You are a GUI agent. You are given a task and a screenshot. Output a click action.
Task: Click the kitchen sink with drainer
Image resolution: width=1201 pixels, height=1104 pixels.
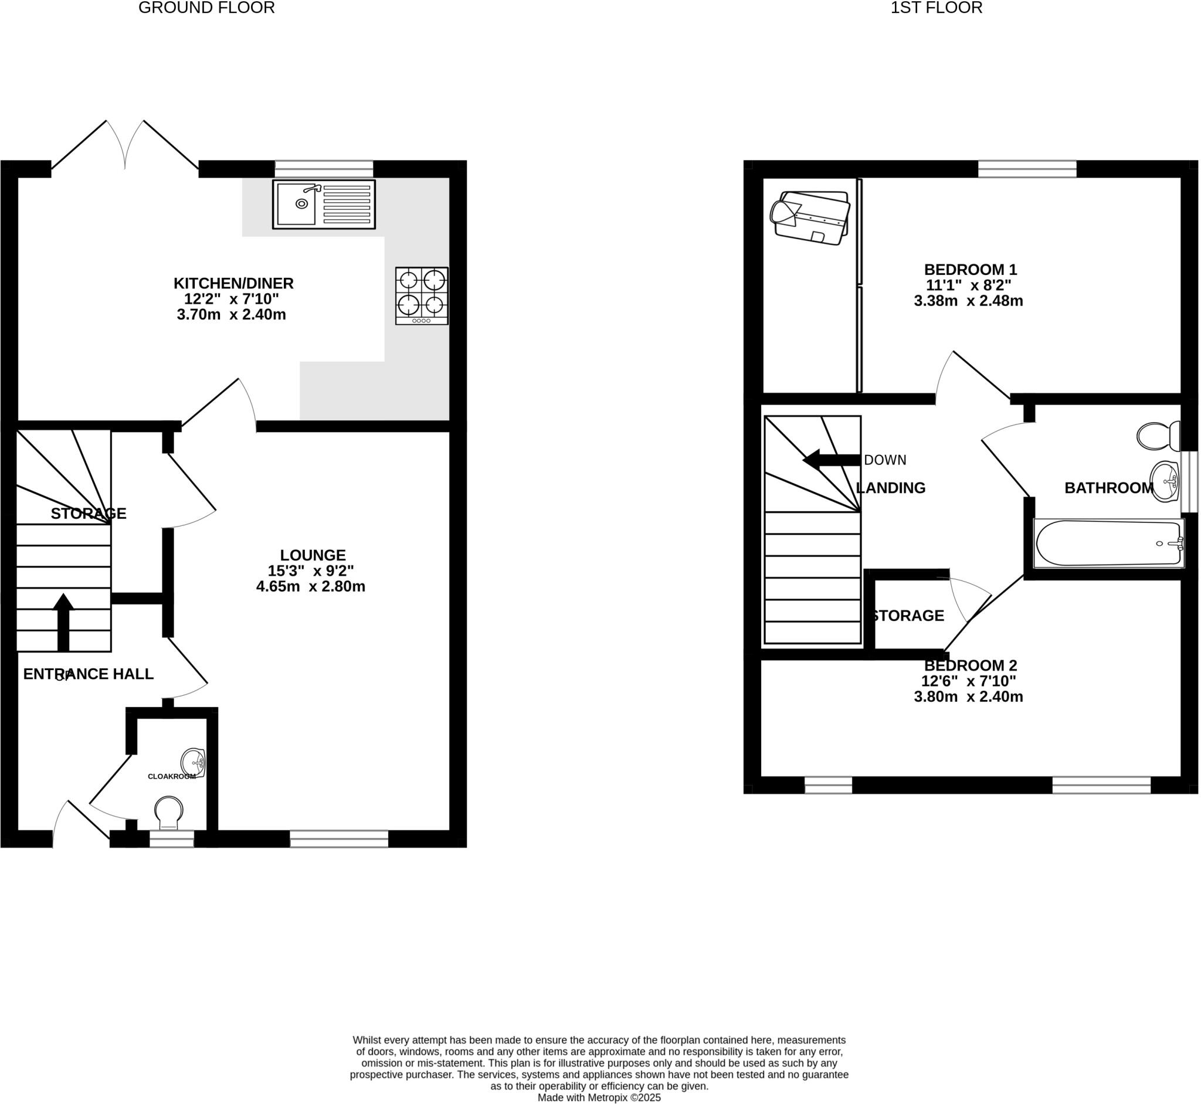click(324, 204)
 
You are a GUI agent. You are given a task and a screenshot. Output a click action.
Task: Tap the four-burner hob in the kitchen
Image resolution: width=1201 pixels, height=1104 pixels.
click(422, 295)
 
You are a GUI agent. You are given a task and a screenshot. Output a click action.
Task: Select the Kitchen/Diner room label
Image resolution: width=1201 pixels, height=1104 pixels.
click(233, 283)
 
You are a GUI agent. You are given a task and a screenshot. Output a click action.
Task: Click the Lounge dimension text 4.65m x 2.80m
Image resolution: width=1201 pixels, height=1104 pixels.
click(311, 587)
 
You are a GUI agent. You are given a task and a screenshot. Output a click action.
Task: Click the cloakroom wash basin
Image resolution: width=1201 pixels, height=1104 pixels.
click(194, 763)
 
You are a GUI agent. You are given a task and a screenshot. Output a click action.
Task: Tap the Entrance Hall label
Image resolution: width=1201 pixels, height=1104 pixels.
click(89, 674)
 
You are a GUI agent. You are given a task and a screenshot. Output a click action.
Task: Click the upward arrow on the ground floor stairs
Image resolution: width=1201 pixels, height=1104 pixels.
click(63, 621)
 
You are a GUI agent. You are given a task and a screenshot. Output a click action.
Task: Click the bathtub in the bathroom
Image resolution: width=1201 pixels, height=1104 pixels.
click(1109, 543)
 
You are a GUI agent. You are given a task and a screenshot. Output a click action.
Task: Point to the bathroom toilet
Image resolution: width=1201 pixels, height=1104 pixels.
click(1158, 436)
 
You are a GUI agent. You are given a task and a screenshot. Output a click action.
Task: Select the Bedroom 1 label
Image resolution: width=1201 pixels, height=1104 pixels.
click(971, 270)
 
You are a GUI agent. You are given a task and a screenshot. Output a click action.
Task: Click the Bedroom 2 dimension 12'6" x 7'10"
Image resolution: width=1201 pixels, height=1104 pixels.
click(969, 681)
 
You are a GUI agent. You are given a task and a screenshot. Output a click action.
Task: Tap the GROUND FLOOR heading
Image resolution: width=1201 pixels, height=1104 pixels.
click(207, 8)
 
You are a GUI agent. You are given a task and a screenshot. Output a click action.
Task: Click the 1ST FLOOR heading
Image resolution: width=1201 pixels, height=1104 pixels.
click(937, 8)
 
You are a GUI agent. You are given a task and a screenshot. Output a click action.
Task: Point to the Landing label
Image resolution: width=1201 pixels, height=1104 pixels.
click(891, 488)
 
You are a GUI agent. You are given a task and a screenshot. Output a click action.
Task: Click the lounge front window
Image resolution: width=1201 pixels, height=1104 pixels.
click(340, 839)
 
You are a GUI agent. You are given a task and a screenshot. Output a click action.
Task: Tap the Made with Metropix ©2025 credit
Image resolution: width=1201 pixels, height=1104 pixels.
click(599, 1098)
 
